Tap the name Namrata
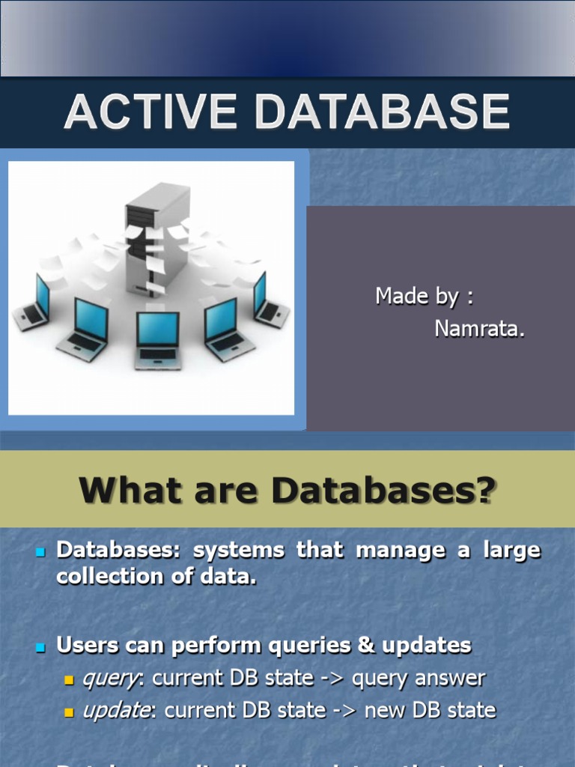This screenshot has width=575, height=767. click(x=479, y=328)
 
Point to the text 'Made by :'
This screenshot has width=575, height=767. click(x=425, y=296)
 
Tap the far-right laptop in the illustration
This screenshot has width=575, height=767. click(x=269, y=300)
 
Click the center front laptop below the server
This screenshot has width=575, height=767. click(x=157, y=339)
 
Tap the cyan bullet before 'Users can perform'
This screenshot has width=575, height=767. click(x=41, y=646)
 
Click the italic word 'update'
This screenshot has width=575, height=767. click(x=116, y=711)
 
